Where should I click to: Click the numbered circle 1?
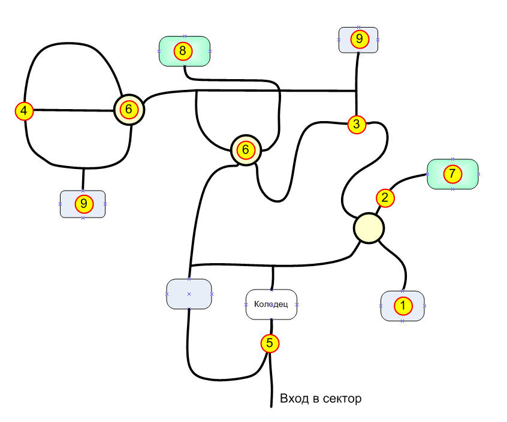click(x=403, y=306)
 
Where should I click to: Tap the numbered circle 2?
click(x=385, y=197)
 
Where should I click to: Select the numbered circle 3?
click(x=357, y=125)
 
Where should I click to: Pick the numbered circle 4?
click(x=23, y=111)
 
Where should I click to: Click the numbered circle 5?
click(x=270, y=343)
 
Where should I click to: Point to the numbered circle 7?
click(x=452, y=174)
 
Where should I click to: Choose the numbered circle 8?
click(x=183, y=51)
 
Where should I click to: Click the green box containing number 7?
click(x=469, y=174)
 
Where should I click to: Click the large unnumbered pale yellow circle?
click(x=368, y=228)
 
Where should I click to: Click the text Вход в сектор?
click(x=321, y=398)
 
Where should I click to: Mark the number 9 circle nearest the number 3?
click(x=358, y=40)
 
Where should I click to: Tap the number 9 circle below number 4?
click(x=83, y=204)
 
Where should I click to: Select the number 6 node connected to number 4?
click(x=129, y=110)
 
